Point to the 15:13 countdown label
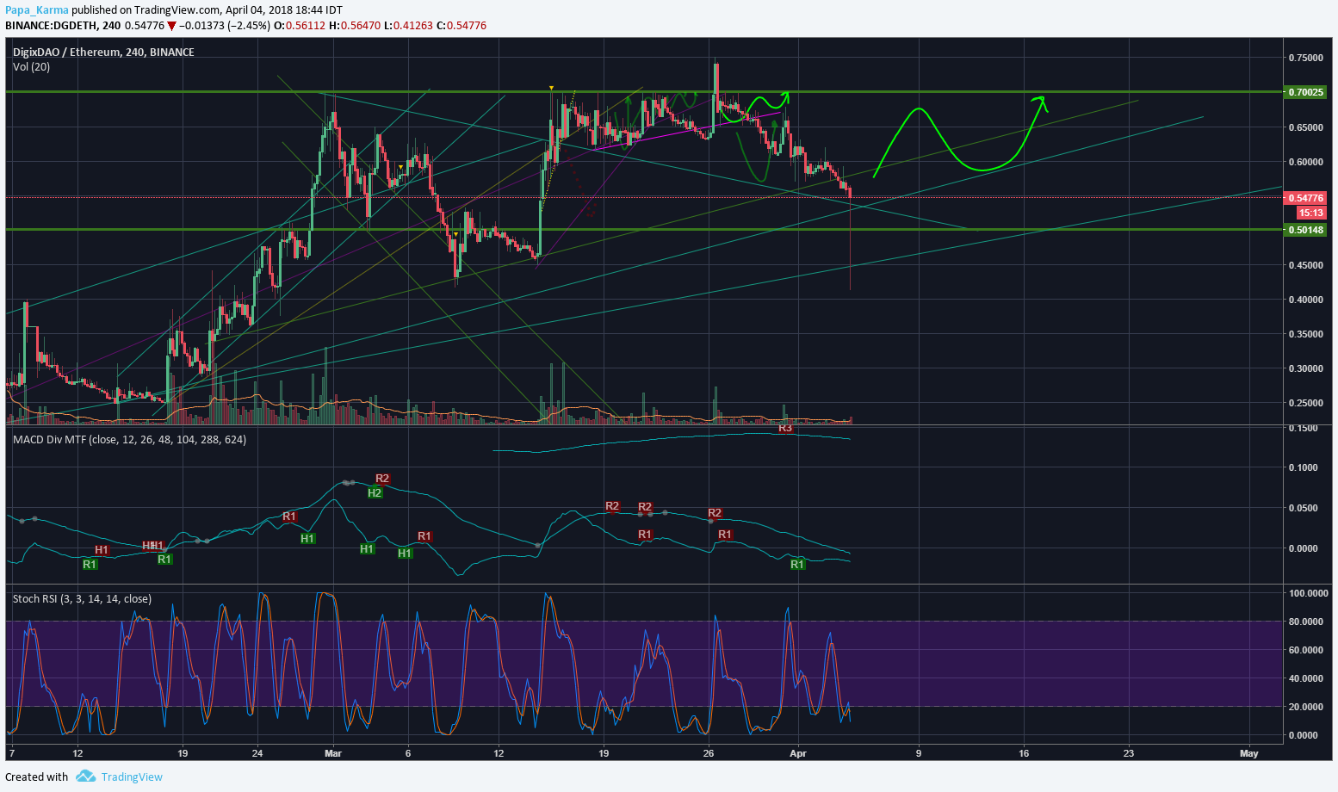[x=1311, y=213]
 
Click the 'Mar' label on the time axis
[x=333, y=753]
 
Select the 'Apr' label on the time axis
[x=798, y=753]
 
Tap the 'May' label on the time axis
[x=1249, y=753]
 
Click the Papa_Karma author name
[x=36, y=10]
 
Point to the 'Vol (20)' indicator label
[x=31, y=67]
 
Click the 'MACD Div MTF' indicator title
[x=50, y=440]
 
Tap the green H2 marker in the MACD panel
[x=375, y=492]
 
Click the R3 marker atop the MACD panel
[x=785, y=428]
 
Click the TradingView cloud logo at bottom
[x=85, y=777]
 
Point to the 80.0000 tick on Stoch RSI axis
[x=1304, y=622]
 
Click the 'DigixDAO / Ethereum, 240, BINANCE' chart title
[x=103, y=52]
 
